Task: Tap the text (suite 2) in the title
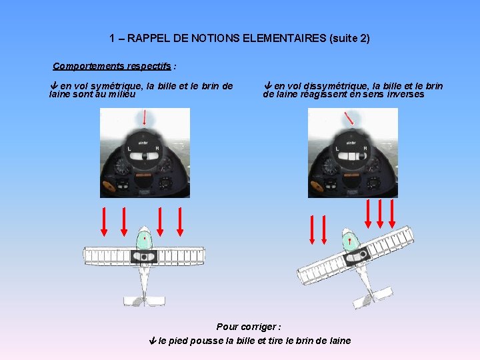349,39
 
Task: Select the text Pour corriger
248,327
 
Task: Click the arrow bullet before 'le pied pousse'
152,341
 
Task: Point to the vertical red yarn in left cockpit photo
145,117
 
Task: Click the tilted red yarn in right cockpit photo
349,118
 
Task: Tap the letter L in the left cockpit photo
128,148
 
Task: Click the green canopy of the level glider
144,238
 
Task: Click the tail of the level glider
143,300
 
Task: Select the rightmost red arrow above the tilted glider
392,214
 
